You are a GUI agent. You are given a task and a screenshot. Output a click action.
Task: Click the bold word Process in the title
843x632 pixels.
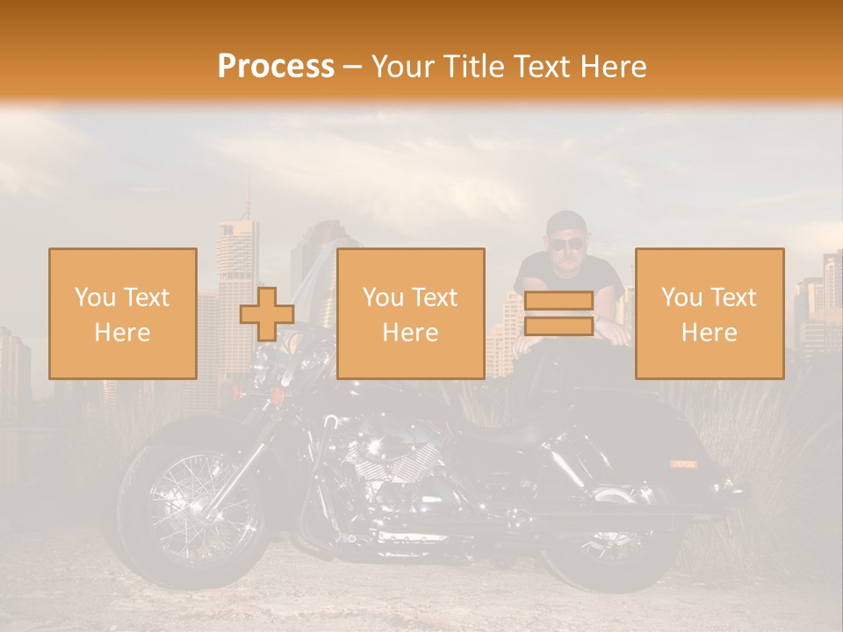(x=276, y=67)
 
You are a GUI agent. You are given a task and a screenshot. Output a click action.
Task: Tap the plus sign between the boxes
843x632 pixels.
(x=267, y=314)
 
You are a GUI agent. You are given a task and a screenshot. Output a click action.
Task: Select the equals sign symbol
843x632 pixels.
(x=558, y=313)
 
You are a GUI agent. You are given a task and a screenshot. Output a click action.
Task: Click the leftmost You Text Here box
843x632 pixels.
(x=123, y=313)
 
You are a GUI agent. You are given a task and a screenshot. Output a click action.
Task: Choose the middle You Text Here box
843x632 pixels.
(x=411, y=313)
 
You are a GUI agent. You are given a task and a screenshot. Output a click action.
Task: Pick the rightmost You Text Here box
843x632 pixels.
(x=710, y=313)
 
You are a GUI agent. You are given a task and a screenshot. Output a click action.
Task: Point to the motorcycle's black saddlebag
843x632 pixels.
(x=676, y=456)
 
